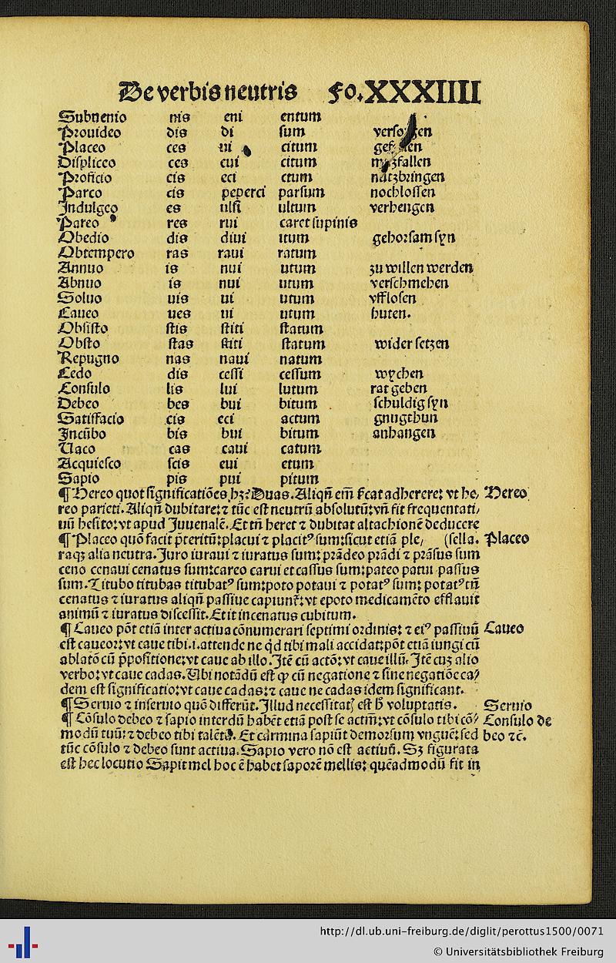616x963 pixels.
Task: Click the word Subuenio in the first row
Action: click(92, 118)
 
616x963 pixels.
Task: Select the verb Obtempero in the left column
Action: click(96, 253)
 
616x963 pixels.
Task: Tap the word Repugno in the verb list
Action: click(89, 358)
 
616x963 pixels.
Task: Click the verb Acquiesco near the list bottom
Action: click(89, 464)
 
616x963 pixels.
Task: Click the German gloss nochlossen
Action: click(402, 193)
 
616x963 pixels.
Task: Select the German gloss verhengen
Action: click(401, 208)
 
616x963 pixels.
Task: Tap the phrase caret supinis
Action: click(317, 223)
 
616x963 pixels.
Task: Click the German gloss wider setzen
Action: click(412, 343)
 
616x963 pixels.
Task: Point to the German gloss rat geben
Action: click(398, 388)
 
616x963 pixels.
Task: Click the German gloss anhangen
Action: click(402, 433)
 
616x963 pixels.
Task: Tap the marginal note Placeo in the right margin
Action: click(506, 538)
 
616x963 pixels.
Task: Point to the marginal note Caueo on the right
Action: click(504, 629)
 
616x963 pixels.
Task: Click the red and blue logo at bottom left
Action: click(23, 941)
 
